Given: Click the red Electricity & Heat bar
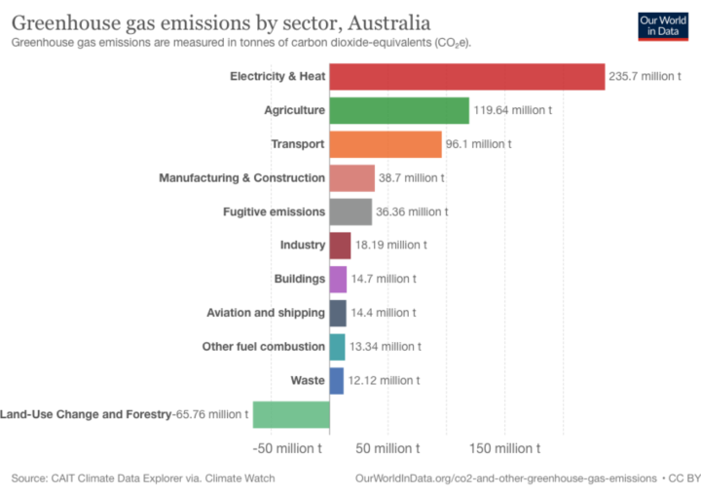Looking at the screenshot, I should click(467, 76).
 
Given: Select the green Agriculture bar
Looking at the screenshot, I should click(399, 110).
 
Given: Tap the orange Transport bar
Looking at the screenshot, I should click(386, 144).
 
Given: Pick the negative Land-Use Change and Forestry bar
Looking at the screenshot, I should click(291, 414).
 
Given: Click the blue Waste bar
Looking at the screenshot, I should click(337, 380).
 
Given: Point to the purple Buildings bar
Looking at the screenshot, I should click(338, 279).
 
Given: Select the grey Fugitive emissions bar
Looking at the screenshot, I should click(350, 211).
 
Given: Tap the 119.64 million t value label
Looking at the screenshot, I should click(513, 110).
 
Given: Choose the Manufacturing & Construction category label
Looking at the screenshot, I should click(241, 178).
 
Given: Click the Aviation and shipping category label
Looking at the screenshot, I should click(266, 313).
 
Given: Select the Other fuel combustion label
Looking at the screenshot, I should click(263, 346).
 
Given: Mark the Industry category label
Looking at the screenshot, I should click(302, 246).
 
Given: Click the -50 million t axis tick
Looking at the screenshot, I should click(287, 448).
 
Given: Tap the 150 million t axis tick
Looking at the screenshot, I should click(503, 448).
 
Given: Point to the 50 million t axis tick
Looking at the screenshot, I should click(387, 448).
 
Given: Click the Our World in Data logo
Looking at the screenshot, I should click(663, 25).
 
